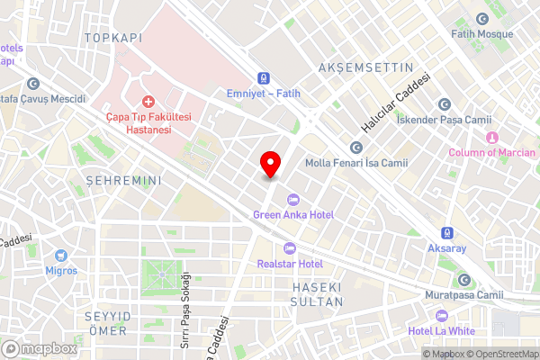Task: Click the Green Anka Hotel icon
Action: point(291,200)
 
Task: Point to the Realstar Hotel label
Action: point(290,264)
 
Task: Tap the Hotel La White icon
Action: point(442,316)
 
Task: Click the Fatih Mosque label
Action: point(481,34)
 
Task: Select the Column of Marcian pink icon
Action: point(491,138)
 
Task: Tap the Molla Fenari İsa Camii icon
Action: point(356,148)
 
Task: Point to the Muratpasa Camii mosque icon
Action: point(464,279)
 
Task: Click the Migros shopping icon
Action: point(61,256)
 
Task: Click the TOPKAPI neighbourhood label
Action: point(112,38)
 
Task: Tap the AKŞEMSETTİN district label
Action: point(365,67)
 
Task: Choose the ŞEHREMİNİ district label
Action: point(122,181)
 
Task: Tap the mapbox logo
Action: point(40,348)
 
